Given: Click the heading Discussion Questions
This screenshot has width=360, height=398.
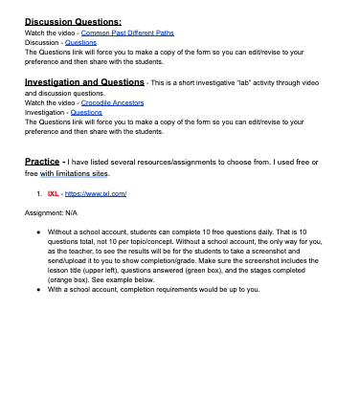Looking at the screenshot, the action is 73,20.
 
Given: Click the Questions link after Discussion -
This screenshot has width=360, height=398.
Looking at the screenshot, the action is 79,41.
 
